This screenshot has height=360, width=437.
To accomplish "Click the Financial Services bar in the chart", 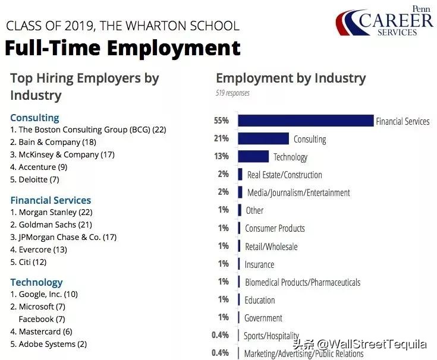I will [x=306, y=121].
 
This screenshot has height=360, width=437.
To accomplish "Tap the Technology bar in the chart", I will [x=253, y=156].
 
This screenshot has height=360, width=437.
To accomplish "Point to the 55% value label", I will [x=221, y=121].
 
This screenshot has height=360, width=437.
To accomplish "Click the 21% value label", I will [x=221, y=138].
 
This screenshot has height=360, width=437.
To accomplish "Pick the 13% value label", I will [x=221, y=156].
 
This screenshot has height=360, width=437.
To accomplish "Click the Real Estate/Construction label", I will [x=284, y=175].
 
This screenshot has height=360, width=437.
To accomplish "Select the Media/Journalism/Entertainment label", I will [x=298, y=192].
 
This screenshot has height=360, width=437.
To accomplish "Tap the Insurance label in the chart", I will [x=259, y=264].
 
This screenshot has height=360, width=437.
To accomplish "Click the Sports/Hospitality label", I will [x=271, y=336].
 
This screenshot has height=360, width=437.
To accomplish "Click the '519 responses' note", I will [x=232, y=93].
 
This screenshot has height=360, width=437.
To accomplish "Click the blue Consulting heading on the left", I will [x=34, y=118].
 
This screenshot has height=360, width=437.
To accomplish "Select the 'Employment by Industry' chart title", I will [x=291, y=78].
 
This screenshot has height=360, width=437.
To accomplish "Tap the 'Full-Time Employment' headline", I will [x=122, y=48].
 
